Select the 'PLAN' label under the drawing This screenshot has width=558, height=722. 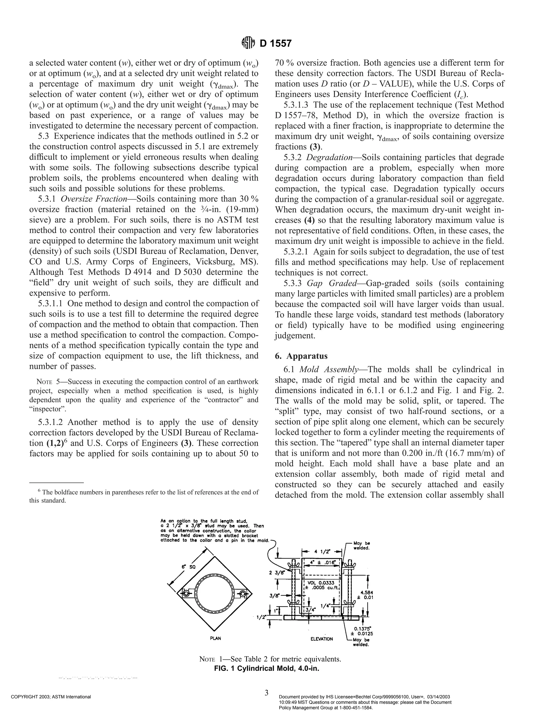pos(216,638)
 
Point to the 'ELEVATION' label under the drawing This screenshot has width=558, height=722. pos(322,639)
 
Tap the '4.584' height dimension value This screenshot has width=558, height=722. pos(367,593)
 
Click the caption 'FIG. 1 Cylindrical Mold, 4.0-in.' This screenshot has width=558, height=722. pos(266,668)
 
